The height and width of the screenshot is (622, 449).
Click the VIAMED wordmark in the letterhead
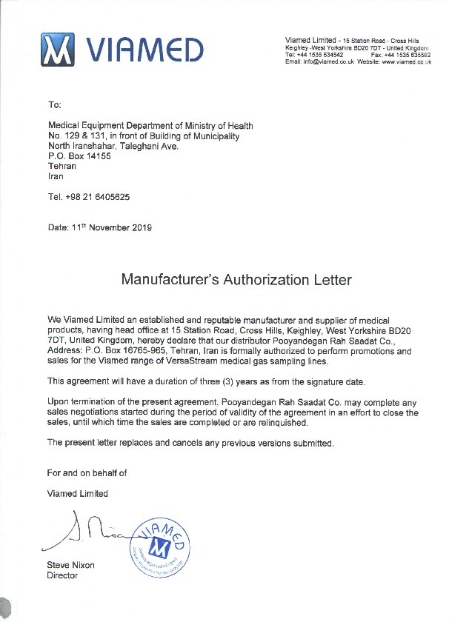145,50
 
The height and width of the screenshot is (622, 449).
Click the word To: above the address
55,106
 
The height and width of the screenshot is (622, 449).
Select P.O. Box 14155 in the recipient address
79,156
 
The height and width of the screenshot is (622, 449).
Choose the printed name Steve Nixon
70,565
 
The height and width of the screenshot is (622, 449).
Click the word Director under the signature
62,575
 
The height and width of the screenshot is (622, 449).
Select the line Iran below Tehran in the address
56,177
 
